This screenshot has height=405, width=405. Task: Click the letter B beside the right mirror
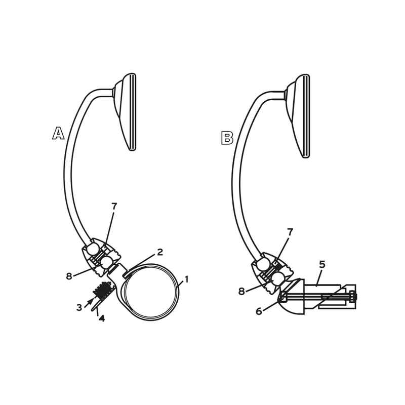tap(227, 138)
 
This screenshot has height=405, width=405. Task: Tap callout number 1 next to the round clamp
tap(186, 279)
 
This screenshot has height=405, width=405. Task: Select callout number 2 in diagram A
tap(160, 252)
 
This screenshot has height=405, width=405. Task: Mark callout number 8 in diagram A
tap(69, 276)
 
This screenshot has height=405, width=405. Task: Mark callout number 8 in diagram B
tap(241, 292)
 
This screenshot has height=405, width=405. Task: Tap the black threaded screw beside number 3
tap(104, 291)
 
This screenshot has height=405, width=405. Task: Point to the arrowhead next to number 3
tap(91, 300)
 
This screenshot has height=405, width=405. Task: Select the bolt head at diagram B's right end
tap(353, 297)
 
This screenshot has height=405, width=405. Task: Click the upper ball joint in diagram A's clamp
tap(92, 249)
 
